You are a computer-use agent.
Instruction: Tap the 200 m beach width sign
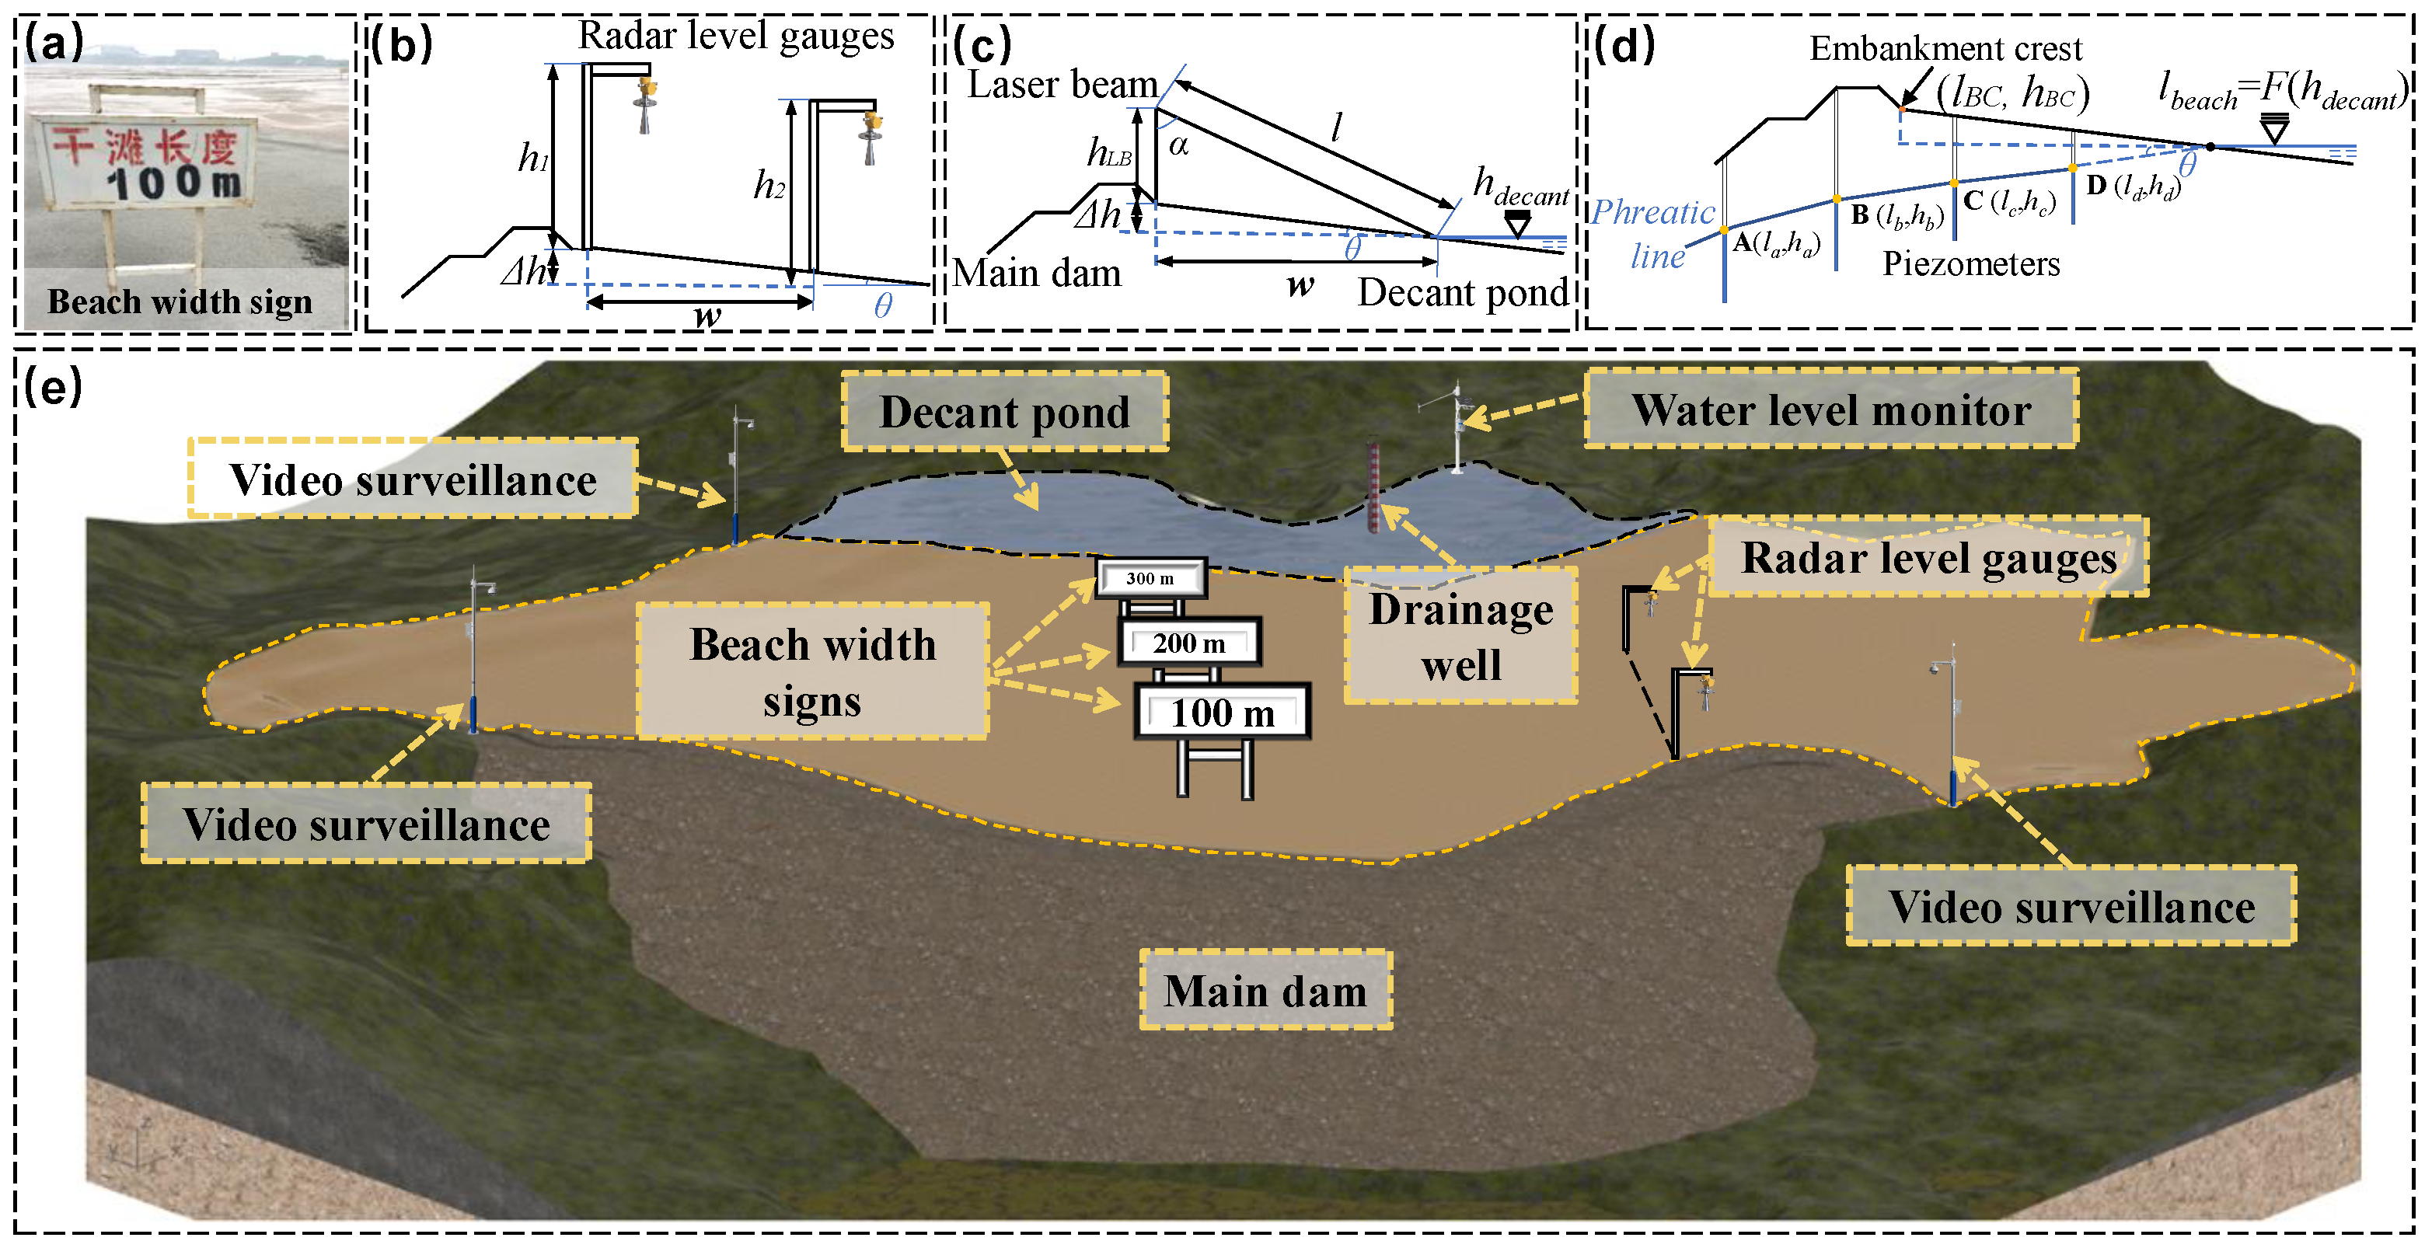tap(1189, 643)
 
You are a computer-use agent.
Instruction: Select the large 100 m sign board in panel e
tap(1222, 713)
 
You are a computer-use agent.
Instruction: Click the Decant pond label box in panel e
tap(1003, 411)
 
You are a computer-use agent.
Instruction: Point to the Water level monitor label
tap(1830, 410)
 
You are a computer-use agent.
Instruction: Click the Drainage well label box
tap(1460, 636)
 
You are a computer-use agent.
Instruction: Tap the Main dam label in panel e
tap(1265, 990)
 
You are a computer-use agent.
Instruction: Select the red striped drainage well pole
tap(1373, 486)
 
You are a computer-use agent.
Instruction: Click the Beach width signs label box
tap(812, 671)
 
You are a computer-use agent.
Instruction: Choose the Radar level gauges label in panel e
tap(1927, 557)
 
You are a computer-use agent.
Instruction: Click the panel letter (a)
tap(54, 43)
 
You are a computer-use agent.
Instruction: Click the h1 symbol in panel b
tap(533, 157)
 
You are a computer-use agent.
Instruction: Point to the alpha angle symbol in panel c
tap(1178, 145)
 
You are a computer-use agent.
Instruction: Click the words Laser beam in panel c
tap(1062, 85)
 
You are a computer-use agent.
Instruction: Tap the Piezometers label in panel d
tap(1970, 263)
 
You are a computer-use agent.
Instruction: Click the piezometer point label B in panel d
tap(1859, 214)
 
